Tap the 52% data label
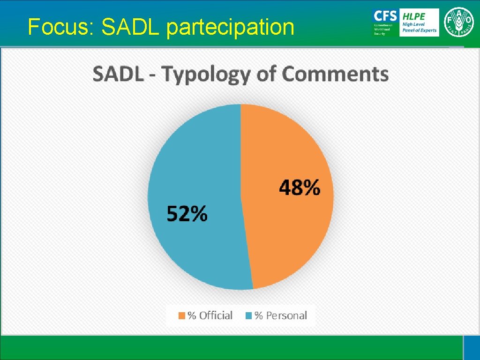click(x=187, y=214)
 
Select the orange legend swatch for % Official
click(x=181, y=316)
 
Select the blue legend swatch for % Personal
click(x=249, y=316)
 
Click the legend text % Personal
click(x=280, y=315)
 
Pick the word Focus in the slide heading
click(x=61, y=27)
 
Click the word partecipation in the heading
click(x=230, y=27)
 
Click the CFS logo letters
click(x=384, y=15)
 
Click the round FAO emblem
click(x=459, y=22)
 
